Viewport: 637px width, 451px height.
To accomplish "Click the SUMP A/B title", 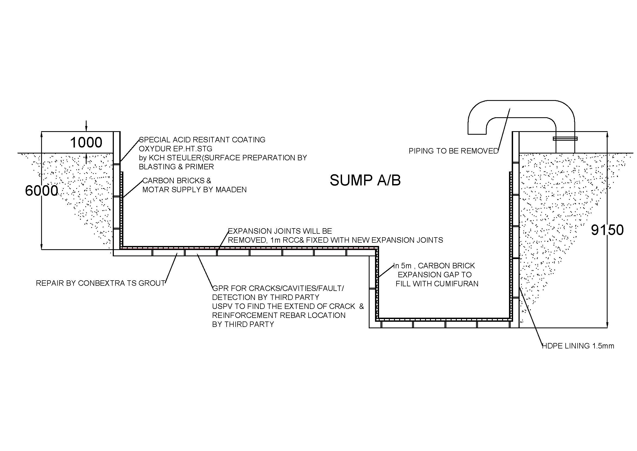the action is coord(365,180).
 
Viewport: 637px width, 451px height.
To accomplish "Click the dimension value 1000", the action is coord(86,143).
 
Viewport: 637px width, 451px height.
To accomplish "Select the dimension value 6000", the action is coord(42,191).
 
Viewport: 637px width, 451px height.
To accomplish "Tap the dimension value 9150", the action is coord(607,230).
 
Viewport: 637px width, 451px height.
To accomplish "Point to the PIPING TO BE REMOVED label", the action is coord(454,151).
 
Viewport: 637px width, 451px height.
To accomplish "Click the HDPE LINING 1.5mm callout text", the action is coord(578,346).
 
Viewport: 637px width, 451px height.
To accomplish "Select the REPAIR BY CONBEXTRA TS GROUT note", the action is coord(100,283).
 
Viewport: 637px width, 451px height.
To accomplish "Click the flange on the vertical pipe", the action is coord(565,139).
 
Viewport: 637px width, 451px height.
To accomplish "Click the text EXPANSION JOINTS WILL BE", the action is coord(280,231).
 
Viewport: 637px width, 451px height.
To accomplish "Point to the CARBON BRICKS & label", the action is coord(177,181).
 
